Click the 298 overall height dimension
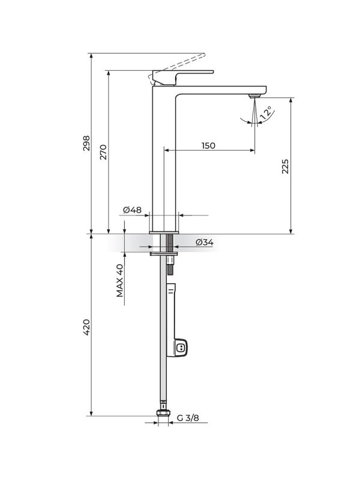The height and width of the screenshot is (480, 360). pyautogui.click(x=86, y=143)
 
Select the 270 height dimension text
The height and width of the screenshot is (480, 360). pyautogui.click(x=103, y=152)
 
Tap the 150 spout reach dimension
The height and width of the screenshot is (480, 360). pyautogui.click(x=208, y=145)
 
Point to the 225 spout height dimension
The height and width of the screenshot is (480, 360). pyautogui.click(x=286, y=166)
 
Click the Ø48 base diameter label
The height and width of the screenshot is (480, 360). pyautogui.click(x=132, y=209)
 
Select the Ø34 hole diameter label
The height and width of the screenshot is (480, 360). pyautogui.click(x=205, y=242)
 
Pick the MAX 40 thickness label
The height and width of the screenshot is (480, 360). pyautogui.click(x=120, y=280)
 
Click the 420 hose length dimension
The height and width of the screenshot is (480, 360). pyautogui.click(x=86, y=328)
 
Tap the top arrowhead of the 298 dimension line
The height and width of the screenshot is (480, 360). pyautogui.click(x=91, y=56)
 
